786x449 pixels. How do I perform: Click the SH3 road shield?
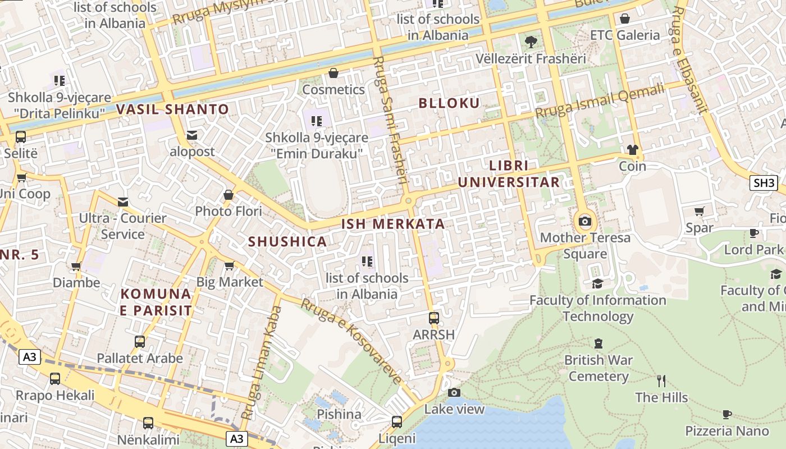click(764, 182)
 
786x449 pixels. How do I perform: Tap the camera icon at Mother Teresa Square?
click(585, 221)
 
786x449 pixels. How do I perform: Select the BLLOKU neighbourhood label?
click(449, 103)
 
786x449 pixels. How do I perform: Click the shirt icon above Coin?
click(633, 150)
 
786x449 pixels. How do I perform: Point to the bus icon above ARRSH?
click(433, 318)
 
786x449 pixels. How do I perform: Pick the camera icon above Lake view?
click(454, 392)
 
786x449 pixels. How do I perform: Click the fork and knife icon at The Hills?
click(661, 381)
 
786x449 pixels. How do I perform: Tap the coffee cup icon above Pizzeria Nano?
click(726, 415)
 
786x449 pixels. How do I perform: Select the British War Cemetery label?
click(598, 368)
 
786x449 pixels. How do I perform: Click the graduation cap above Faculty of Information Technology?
click(597, 284)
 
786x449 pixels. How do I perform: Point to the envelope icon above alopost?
click(192, 135)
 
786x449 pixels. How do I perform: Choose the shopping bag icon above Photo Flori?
click(229, 195)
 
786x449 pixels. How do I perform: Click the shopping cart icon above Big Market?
click(229, 265)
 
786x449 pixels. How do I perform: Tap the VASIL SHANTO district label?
click(173, 109)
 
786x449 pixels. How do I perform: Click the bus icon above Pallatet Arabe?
click(140, 341)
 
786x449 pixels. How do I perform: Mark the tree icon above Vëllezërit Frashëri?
click(530, 42)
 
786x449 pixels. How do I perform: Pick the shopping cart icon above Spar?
click(699, 212)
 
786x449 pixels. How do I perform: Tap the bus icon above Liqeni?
click(397, 421)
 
